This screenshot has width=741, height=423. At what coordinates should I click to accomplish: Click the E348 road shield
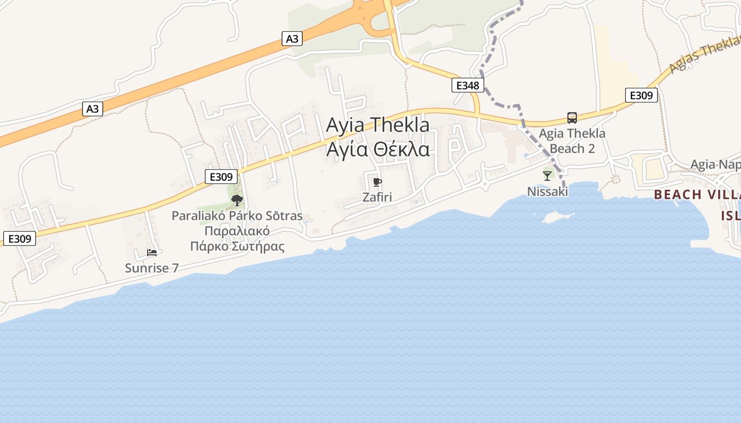[x=467, y=85]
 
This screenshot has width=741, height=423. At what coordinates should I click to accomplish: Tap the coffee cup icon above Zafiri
[x=377, y=182]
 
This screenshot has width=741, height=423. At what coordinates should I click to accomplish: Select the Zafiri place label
[x=377, y=197]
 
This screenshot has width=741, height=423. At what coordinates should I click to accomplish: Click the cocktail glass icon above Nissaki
[x=547, y=176]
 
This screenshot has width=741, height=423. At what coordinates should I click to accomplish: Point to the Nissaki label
[x=547, y=191]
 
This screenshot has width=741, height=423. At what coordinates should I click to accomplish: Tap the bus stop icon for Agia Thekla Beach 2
[x=572, y=117]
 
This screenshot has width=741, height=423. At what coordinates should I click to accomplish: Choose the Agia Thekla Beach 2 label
[x=572, y=141]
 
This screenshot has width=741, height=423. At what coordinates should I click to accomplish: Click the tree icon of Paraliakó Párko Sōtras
[x=237, y=200]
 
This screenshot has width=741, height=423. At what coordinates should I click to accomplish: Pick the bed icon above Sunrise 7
[x=152, y=253]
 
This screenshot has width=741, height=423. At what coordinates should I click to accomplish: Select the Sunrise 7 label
[x=151, y=268]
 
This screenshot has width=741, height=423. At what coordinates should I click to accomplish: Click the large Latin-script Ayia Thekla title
[x=377, y=125]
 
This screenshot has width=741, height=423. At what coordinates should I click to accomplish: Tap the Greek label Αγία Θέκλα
[x=377, y=150]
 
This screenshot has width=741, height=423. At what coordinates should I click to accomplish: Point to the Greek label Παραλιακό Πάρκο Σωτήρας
[x=237, y=238]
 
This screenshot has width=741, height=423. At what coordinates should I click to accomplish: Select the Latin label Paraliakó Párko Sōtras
[x=237, y=216]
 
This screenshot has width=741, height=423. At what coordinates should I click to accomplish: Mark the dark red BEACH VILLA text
[x=696, y=195]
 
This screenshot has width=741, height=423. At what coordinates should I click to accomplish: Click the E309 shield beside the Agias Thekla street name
[x=641, y=95]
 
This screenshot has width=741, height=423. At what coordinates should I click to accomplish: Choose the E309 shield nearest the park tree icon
[x=221, y=177]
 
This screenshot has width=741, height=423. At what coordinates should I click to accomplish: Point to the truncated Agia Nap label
[x=715, y=164]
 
